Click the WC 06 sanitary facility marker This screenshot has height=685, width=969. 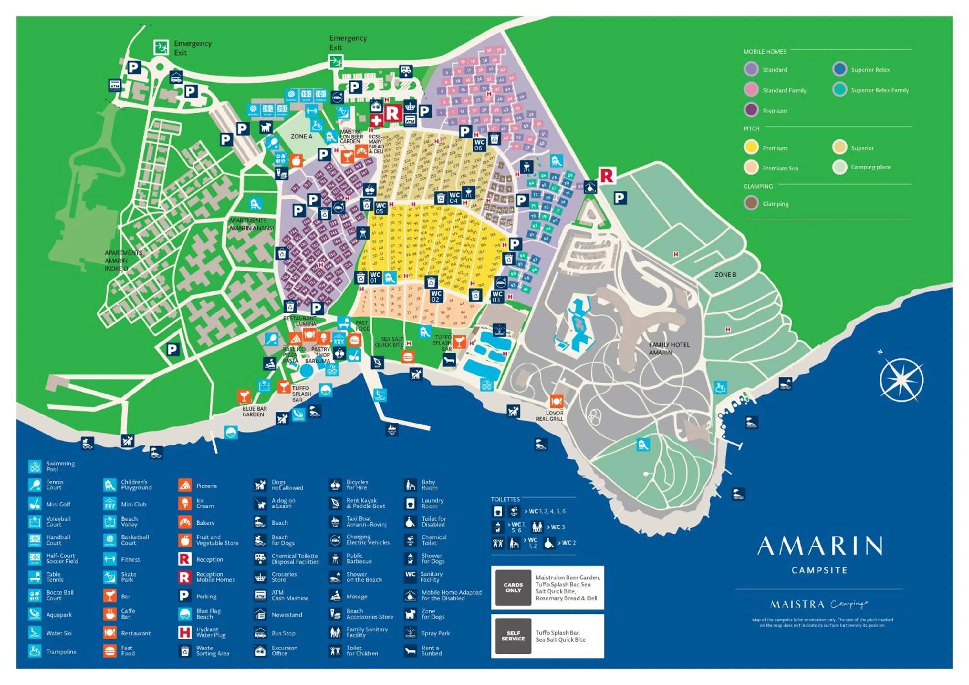[479, 145]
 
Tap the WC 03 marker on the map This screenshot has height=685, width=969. [497, 297]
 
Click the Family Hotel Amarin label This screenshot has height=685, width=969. [669, 348]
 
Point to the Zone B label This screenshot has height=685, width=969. [725, 275]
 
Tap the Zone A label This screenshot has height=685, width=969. [301, 137]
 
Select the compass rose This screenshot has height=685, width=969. [901, 380]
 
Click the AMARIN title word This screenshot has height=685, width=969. [819, 546]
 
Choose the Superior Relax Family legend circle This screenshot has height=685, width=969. [839, 89]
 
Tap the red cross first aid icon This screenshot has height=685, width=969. [376, 120]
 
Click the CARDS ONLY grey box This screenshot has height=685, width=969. [513, 588]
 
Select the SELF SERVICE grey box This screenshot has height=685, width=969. [513, 636]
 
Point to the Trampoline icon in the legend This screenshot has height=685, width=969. [35, 651]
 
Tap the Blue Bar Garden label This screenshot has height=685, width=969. [254, 412]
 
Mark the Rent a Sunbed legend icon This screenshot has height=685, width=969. [410, 651]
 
